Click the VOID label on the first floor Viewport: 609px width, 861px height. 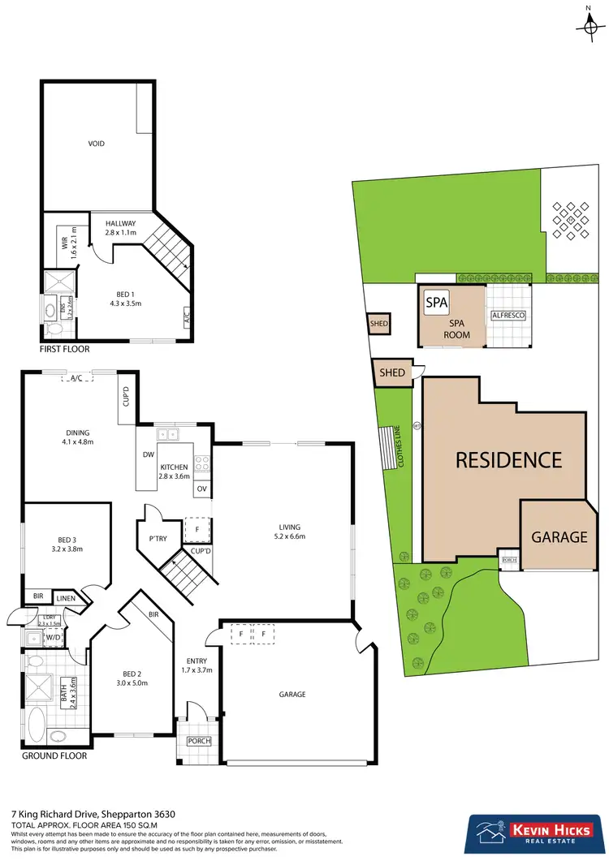[97, 144]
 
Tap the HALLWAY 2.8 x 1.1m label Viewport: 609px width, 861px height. [120, 228]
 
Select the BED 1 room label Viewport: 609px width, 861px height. [125, 299]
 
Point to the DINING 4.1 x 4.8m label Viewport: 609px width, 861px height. [78, 437]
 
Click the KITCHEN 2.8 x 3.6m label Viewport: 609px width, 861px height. [174, 471]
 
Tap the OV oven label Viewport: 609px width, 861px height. [201, 488]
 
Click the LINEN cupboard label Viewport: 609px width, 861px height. [67, 598]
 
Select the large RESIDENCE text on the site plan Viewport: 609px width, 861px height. [508, 460]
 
